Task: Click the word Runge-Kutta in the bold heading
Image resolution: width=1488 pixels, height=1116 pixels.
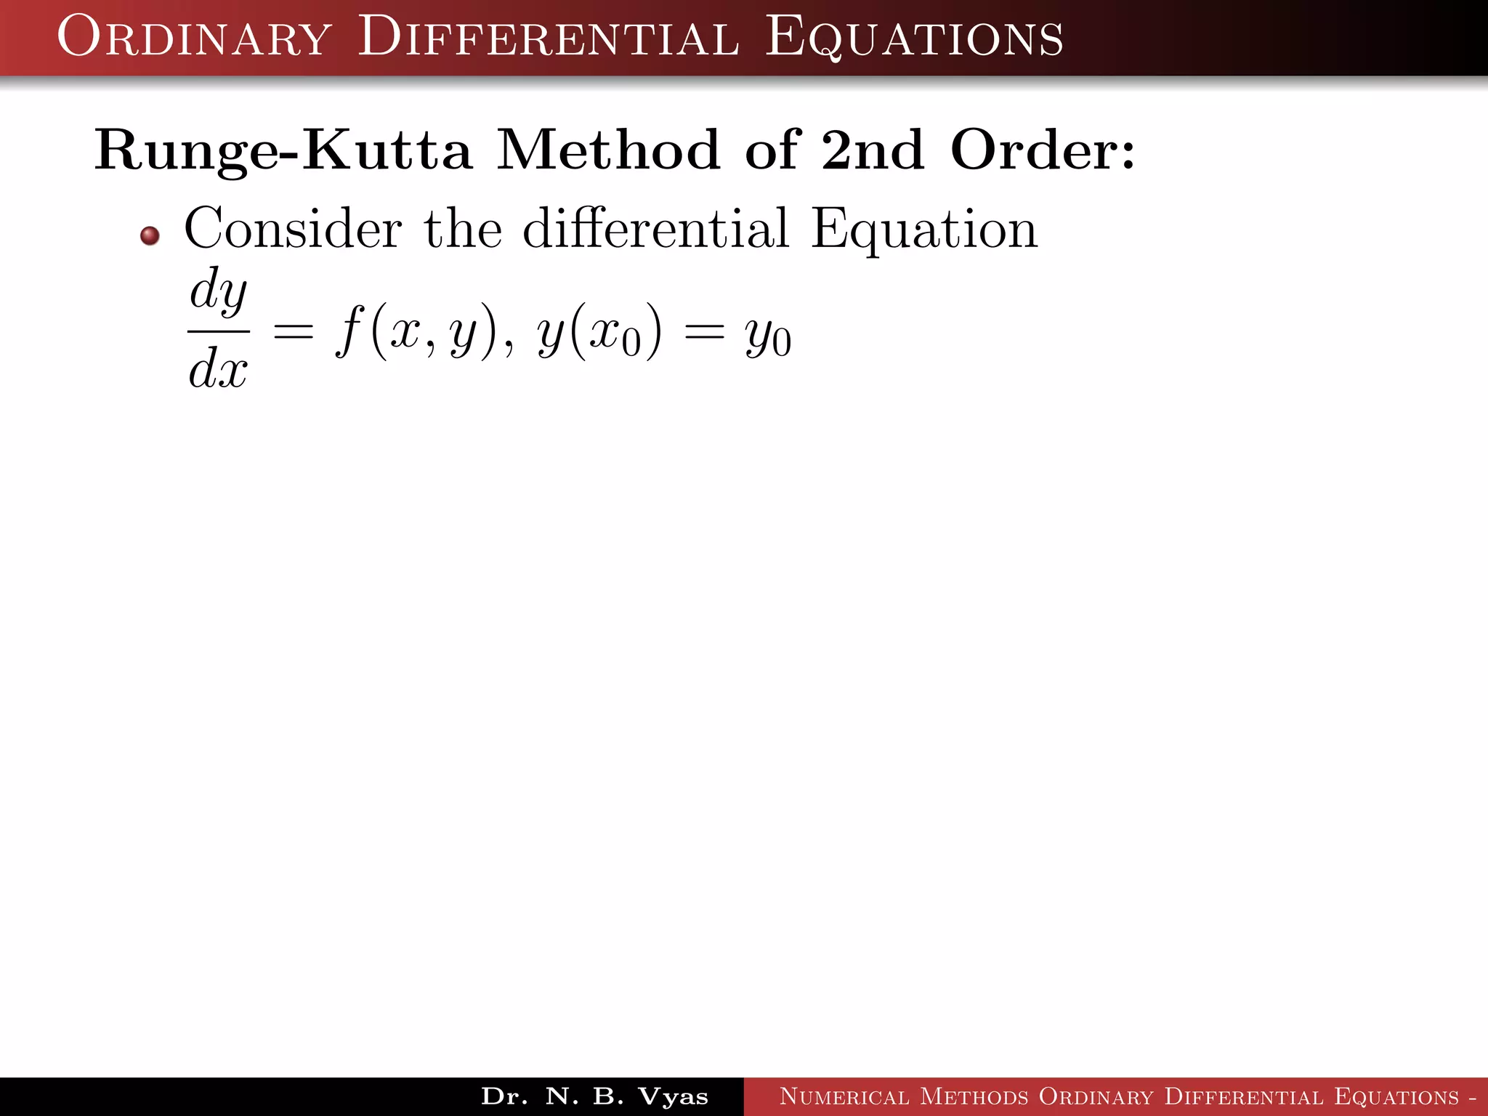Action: click(x=283, y=151)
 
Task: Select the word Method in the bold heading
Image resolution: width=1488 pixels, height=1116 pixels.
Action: click(x=608, y=150)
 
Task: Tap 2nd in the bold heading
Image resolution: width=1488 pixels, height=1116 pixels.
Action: click(x=873, y=150)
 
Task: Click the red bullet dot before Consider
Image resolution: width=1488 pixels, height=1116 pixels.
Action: click(x=150, y=235)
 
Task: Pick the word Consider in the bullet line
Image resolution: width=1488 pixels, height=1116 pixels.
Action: click(x=293, y=228)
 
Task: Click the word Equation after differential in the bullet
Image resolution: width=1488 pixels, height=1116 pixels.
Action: click(x=924, y=230)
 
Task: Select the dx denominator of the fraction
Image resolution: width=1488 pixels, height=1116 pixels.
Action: click(x=219, y=368)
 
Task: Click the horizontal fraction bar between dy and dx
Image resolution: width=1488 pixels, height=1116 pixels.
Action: click(x=219, y=331)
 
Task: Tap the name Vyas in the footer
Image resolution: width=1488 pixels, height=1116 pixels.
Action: click(x=673, y=1096)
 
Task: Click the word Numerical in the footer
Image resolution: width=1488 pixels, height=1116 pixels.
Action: click(x=844, y=1096)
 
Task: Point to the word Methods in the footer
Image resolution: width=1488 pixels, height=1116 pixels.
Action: click(x=974, y=1096)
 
